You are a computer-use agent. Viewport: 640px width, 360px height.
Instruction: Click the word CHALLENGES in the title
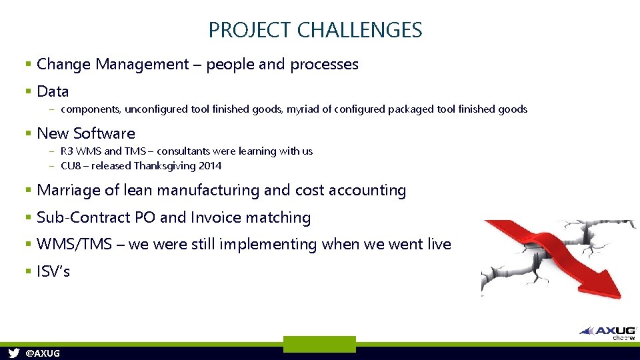coord(360,30)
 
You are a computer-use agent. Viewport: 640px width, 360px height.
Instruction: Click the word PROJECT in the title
coord(250,30)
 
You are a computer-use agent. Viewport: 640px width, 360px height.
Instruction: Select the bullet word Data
coord(53,91)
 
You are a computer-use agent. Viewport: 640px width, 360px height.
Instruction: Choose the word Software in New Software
coord(103,133)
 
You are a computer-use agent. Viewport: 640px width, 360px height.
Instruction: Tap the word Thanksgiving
coord(164,166)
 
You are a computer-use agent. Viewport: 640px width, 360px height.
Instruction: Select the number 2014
coord(209,166)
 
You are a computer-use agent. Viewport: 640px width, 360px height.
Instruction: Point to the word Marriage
coord(67,191)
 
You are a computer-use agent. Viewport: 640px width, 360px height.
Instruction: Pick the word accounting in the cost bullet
coord(367,191)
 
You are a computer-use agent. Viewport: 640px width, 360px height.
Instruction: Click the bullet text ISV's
coord(53,272)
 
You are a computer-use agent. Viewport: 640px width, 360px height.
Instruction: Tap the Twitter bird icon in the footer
coord(13,353)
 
